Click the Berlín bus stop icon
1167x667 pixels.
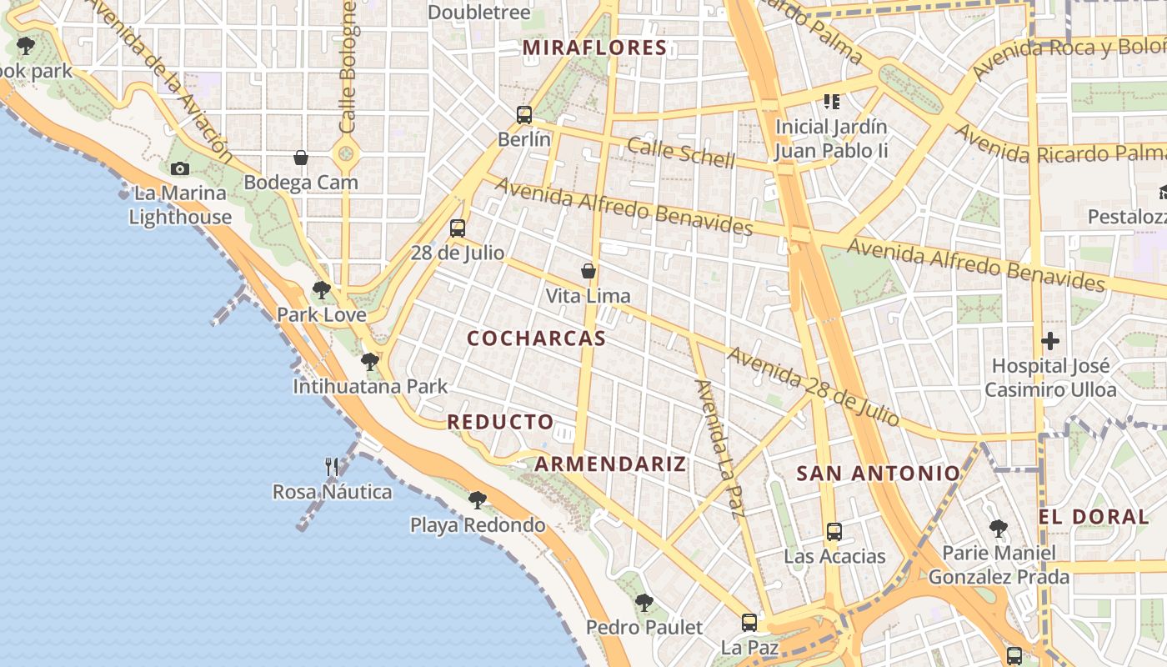point(524,115)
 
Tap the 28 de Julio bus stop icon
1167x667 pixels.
point(458,228)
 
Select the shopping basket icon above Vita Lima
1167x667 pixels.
point(589,271)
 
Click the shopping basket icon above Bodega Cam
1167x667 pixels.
point(301,158)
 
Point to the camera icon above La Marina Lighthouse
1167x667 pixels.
point(179,168)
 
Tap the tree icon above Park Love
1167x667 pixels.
point(321,290)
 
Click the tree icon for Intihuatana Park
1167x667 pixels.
point(369,362)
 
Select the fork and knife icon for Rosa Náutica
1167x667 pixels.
point(332,466)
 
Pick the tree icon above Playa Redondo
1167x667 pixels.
point(477,500)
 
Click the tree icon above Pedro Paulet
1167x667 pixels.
point(644,602)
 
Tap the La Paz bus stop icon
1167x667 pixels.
point(749,622)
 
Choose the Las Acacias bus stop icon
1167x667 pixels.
point(834,531)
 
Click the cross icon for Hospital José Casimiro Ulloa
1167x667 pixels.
point(1050,341)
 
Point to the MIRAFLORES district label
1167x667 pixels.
point(595,48)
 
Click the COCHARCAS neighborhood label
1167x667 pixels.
point(536,339)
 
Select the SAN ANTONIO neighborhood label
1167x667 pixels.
point(879,474)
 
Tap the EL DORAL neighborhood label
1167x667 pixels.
point(1094,516)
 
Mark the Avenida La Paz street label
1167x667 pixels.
point(718,448)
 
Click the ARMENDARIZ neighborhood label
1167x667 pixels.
point(610,464)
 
